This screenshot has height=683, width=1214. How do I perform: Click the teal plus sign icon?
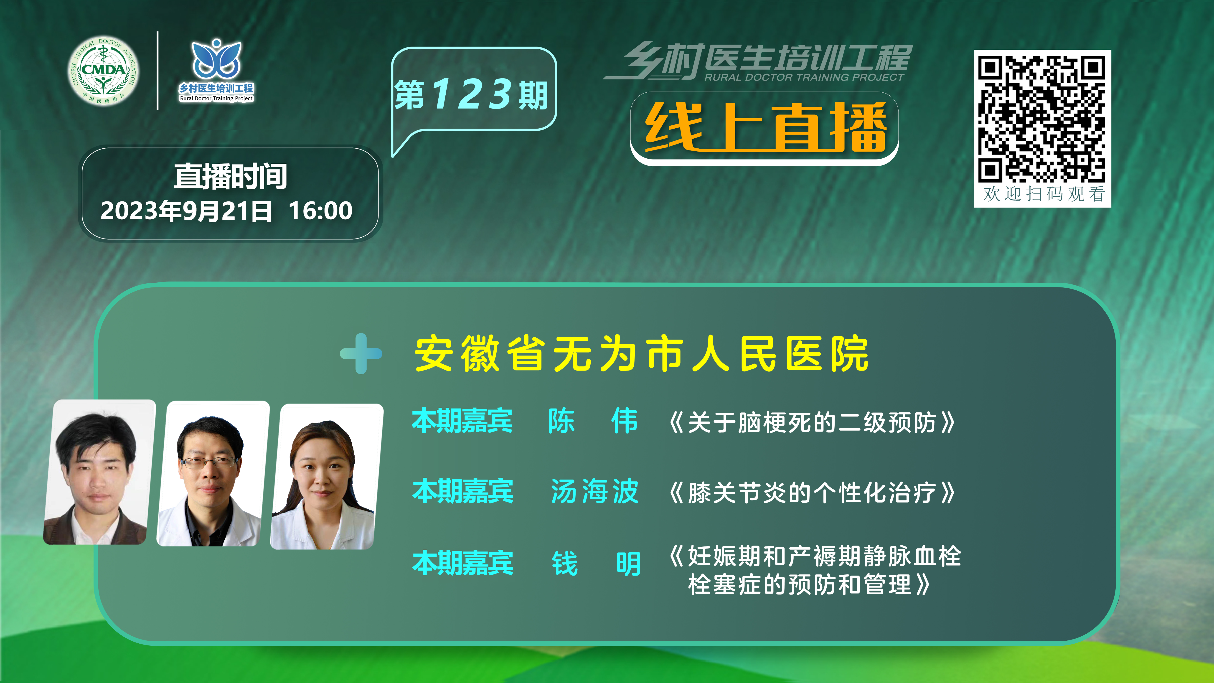coord(361,353)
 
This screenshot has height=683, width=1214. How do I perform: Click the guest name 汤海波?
coord(595,491)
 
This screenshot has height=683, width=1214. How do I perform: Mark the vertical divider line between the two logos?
coord(157,71)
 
